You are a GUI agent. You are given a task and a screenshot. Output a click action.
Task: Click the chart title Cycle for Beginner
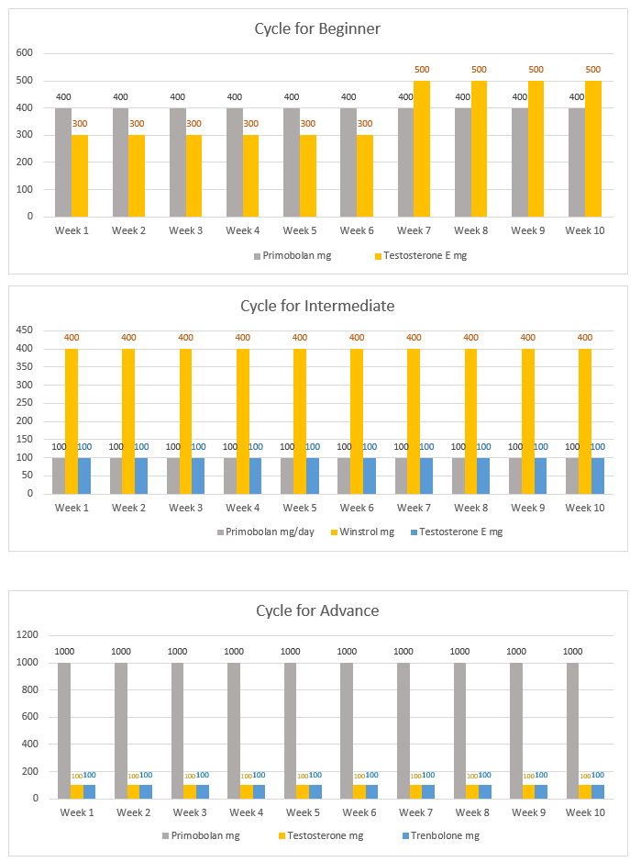click(x=317, y=28)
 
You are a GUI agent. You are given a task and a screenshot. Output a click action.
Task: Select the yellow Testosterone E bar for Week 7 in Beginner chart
click(x=422, y=149)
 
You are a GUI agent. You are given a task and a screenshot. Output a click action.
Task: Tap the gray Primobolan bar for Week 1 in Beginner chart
click(x=63, y=162)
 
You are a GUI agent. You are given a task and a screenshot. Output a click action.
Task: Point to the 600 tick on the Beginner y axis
click(x=26, y=53)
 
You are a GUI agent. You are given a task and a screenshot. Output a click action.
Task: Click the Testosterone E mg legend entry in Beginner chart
click(x=423, y=255)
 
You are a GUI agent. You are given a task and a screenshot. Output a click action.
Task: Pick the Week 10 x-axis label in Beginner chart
click(x=584, y=230)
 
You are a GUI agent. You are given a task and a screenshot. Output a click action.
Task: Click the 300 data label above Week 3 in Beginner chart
click(x=193, y=123)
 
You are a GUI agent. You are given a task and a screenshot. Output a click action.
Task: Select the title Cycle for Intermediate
click(x=317, y=306)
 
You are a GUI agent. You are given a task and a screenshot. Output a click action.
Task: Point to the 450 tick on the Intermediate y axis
click(x=26, y=330)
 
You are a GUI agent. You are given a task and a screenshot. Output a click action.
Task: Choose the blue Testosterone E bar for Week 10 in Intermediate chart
click(x=598, y=476)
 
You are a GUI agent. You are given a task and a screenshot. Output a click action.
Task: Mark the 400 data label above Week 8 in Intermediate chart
click(x=470, y=337)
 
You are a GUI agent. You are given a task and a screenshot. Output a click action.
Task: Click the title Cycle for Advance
click(x=317, y=610)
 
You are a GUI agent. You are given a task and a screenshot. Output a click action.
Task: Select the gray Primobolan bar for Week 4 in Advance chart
click(x=234, y=730)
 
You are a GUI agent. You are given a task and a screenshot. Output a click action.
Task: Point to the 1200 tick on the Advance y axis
click(x=26, y=635)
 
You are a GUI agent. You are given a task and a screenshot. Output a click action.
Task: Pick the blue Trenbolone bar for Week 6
click(x=372, y=791)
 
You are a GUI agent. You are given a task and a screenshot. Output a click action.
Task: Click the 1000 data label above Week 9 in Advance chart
click(x=516, y=651)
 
